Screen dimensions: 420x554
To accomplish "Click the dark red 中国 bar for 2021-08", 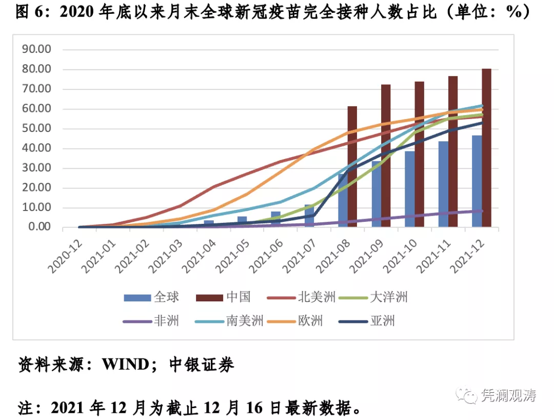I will click(352, 166).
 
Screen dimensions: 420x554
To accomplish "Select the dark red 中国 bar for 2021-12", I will click(486, 148).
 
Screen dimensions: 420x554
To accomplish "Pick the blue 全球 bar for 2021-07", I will click(309, 216).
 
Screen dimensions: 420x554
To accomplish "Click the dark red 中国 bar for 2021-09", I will click(386, 156).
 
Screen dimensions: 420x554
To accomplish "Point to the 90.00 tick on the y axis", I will click(37, 49).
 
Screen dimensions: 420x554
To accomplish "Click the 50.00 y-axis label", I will click(37, 128).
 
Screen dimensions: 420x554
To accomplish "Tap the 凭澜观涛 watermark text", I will click(508, 395).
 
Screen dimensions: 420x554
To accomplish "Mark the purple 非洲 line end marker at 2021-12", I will click(481, 211).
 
